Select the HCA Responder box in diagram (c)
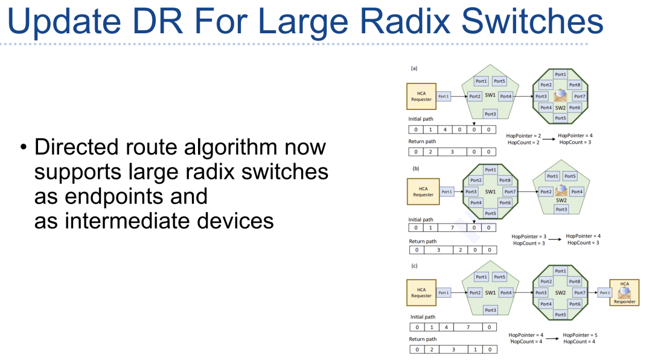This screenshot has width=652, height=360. [x=625, y=292]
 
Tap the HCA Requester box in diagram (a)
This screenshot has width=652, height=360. [x=421, y=97]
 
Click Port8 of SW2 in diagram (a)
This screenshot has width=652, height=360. [x=575, y=85]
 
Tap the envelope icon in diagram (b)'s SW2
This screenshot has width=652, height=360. [x=561, y=190]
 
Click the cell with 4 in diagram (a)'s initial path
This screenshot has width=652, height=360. [x=445, y=129]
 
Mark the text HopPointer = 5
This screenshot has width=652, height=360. [x=580, y=335]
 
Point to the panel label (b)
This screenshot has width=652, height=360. [x=415, y=169]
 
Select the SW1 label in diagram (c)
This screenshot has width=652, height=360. [x=490, y=292]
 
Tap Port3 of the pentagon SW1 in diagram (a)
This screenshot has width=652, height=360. [x=490, y=114]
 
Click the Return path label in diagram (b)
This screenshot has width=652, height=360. [x=423, y=242]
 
